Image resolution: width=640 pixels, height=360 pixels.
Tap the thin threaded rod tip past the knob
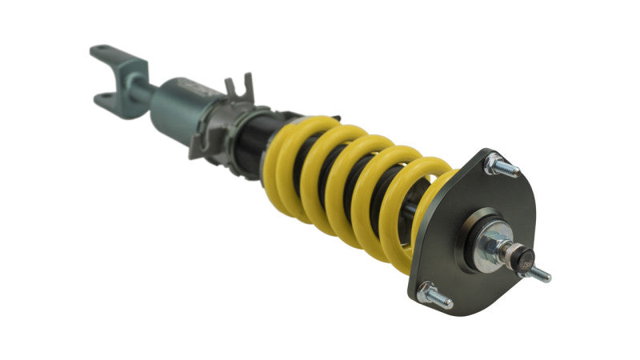pyautogui.click(x=541, y=274)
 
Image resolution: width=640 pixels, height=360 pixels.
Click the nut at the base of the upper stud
pyautogui.click(x=492, y=162)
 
